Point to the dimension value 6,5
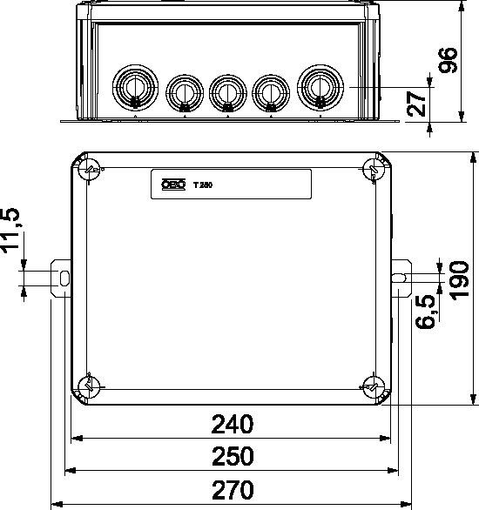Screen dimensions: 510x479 (x=426, y=311)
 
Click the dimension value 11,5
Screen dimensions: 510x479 (x=11, y=233)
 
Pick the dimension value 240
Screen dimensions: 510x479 (x=233, y=425)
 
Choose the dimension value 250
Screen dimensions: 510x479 (x=233, y=456)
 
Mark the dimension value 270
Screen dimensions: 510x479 (x=233, y=488)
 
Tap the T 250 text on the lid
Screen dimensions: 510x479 (x=203, y=185)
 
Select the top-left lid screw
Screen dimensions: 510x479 (x=90, y=168)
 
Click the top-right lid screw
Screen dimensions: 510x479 (x=374, y=168)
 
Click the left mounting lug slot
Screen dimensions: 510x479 (x=64, y=278)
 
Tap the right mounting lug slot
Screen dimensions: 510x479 (x=399, y=278)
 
